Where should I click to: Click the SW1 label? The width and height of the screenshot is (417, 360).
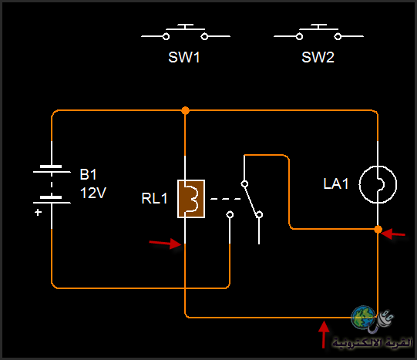pyautogui.click(x=184, y=57)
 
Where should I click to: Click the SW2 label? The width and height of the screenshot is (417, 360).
pyautogui.click(x=318, y=57)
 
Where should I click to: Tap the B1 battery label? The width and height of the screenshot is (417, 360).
pyautogui.click(x=88, y=174)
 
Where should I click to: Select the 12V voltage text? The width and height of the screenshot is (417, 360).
pyautogui.click(x=93, y=193)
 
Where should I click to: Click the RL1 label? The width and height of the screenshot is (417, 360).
pyautogui.click(x=154, y=198)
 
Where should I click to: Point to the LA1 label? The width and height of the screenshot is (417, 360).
pyautogui.click(x=335, y=183)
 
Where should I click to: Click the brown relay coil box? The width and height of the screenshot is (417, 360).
pyautogui.click(x=191, y=199)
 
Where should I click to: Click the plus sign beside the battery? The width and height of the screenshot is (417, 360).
pyautogui.click(x=38, y=212)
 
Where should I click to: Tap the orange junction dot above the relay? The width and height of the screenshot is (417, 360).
pyautogui.click(x=185, y=110)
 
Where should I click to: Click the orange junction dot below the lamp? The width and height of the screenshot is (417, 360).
pyautogui.click(x=378, y=229)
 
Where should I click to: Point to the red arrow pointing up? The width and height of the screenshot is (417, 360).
pyautogui.click(x=324, y=335)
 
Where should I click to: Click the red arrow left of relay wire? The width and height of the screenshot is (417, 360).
pyautogui.click(x=165, y=244)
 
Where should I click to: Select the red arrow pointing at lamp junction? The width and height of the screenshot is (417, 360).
pyautogui.click(x=393, y=234)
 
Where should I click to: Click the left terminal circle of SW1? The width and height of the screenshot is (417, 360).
pyautogui.click(x=166, y=36)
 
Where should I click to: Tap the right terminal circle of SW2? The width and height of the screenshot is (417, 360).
pyautogui.click(x=338, y=36)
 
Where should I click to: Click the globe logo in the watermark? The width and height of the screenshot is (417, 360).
pyautogui.click(x=363, y=318)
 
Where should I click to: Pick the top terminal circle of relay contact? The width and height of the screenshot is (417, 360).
pyautogui.click(x=244, y=183)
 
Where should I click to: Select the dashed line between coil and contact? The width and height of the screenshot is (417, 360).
pyautogui.click(x=226, y=199)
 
